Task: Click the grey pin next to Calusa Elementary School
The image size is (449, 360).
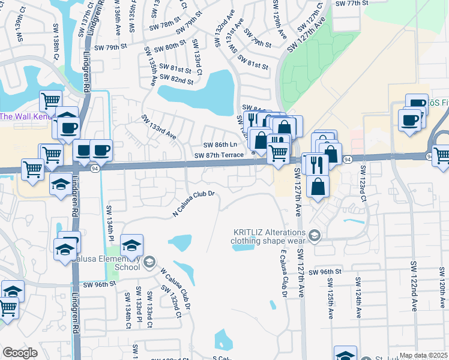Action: tap(149, 262)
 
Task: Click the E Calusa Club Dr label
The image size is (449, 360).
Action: tap(282, 273)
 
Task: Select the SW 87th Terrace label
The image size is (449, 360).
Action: tap(219, 155)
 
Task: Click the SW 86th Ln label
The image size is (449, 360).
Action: tap(220, 145)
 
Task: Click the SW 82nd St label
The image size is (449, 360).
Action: tap(173, 80)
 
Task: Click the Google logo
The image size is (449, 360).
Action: tap(20, 353)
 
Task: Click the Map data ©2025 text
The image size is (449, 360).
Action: tap(423, 355)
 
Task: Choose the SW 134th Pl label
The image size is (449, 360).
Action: tap(110, 223)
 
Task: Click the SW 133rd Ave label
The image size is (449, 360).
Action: tap(158, 128)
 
